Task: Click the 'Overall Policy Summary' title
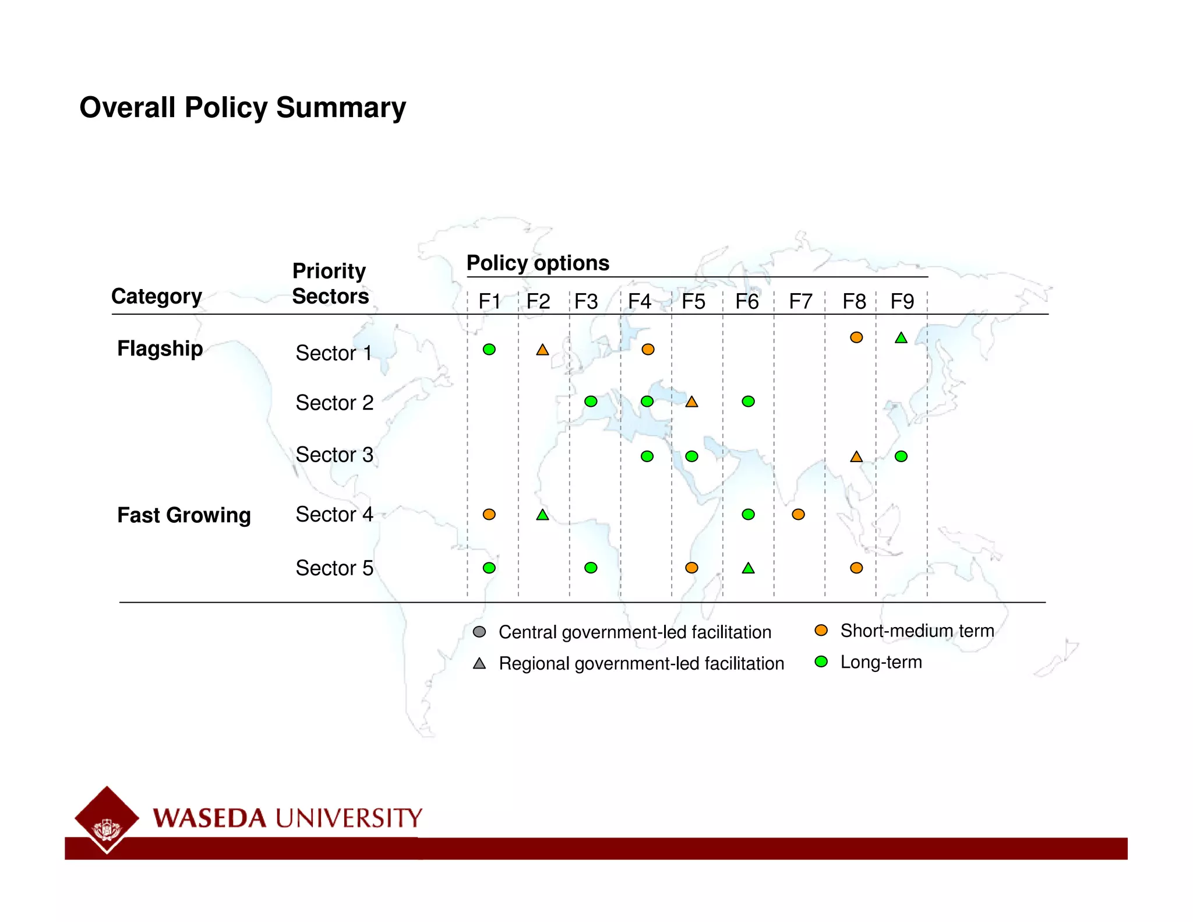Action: [242, 108]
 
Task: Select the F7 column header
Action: [800, 301]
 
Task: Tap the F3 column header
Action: [586, 301]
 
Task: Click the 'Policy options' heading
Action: [538, 263]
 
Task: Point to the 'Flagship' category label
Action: [160, 349]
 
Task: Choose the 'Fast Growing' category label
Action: [183, 515]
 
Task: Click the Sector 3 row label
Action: [334, 455]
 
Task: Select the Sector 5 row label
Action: [334, 568]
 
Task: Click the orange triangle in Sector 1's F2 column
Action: [542, 350]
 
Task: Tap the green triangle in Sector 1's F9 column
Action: [901, 338]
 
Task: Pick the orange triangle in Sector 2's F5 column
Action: [691, 402]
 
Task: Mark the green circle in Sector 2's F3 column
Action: [591, 402]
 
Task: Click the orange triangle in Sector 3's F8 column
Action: [856, 457]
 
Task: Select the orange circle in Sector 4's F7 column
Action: [798, 514]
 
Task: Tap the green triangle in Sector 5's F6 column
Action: [748, 568]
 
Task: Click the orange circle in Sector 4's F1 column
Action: [489, 514]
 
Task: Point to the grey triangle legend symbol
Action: [479, 663]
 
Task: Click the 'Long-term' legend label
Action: [881, 662]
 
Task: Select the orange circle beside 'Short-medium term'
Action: [821, 630]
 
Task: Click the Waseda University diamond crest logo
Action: [107, 819]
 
